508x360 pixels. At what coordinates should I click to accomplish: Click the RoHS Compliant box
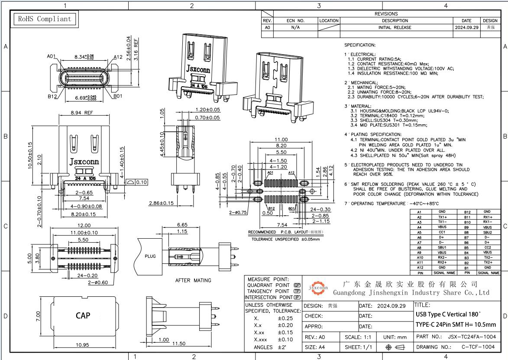tap(44, 19)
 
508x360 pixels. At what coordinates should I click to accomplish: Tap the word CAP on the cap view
tap(83, 315)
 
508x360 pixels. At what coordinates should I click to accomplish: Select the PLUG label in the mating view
tap(150, 256)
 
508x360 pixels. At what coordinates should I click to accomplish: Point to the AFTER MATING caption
tap(193, 280)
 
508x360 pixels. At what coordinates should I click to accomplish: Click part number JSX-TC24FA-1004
tap(471, 337)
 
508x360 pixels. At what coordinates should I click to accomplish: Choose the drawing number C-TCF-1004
tap(478, 347)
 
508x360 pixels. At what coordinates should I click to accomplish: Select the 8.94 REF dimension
tap(81, 113)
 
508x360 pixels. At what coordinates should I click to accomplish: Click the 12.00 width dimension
tap(84, 225)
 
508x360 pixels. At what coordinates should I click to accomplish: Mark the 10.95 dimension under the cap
tap(82, 345)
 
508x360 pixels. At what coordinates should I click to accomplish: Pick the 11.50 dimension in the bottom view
tap(179, 344)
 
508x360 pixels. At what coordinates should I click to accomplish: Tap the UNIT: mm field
tap(395, 337)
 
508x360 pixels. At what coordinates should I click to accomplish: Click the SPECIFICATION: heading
tap(360, 45)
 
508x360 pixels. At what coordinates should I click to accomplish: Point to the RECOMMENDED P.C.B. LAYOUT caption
tap(286, 232)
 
